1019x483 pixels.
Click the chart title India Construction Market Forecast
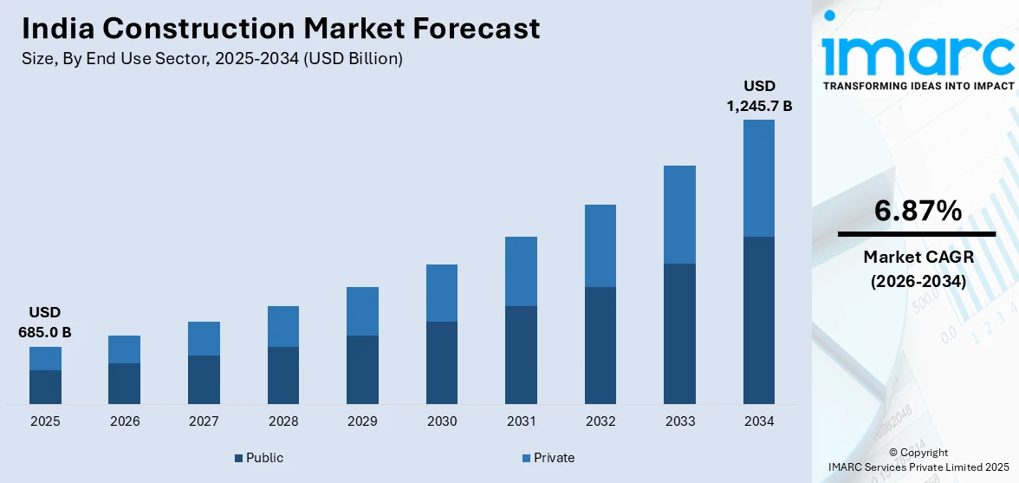pyautogui.click(x=281, y=29)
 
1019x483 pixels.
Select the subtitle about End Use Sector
pyautogui.click(x=212, y=59)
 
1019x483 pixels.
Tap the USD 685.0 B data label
pyautogui.click(x=44, y=322)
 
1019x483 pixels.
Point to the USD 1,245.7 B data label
pyautogui.click(x=758, y=96)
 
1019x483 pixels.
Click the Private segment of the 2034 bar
pyautogui.click(x=758, y=178)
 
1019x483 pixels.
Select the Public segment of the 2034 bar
pyautogui.click(x=758, y=320)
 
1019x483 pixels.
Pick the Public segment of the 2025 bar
pyautogui.click(x=45, y=387)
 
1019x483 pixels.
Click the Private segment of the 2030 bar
pyautogui.click(x=442, y=293)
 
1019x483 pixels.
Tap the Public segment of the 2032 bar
pyautogui.click(x=600, y=345)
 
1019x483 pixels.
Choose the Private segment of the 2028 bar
pyautogui.click(x=283, y=326)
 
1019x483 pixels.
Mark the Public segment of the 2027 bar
pyautogui.click(x=204, y=380)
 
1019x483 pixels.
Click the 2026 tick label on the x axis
pyautogui.click(x=125, y=421)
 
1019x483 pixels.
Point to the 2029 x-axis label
pyautogui.click(x=362, y=421)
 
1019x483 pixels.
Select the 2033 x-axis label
pyautogui.click(x=679, y=421)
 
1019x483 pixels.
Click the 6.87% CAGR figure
pyautogui.click(x=916, y=211)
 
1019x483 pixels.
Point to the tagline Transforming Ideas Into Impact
pyautogui.click(x=918, y=86)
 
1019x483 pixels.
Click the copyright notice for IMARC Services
pyautogui.click(x=918, y=460)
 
